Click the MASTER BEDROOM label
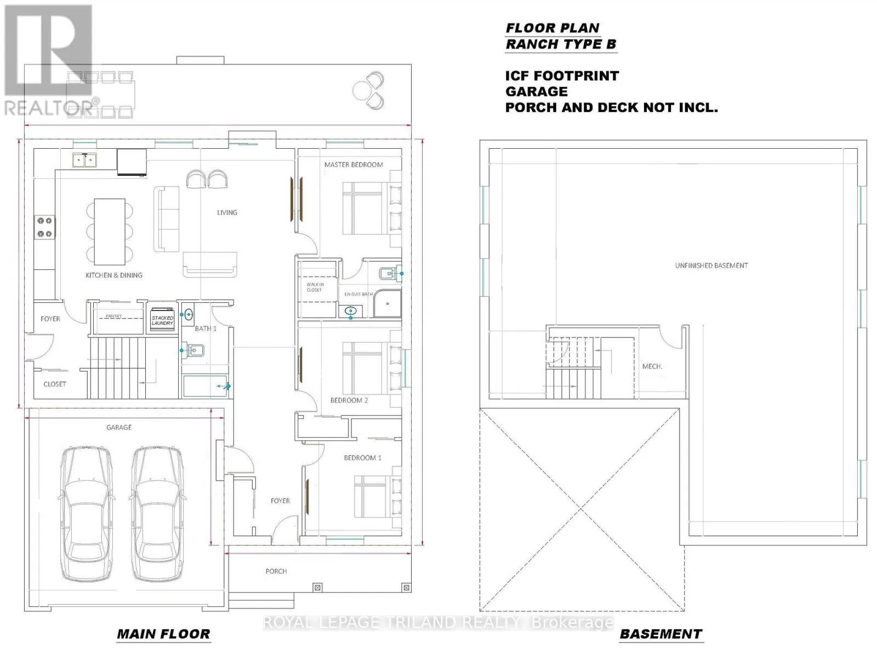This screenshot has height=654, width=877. point(354,165)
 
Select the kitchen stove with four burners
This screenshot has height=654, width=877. point(44,227)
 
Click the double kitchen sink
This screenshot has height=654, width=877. point(84,160)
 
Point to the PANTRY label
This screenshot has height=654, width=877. point(113,316)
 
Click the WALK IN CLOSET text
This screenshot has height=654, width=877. point(315,287)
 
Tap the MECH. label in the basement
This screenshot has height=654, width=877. point(652,367)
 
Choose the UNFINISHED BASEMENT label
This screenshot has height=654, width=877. point(711,266)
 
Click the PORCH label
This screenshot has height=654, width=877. point(276,571)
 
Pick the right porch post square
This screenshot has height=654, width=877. point(406,588)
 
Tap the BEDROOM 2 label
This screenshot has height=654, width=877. point(349,400)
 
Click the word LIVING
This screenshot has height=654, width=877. point(227,212)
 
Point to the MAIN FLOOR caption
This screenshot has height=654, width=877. point(164,634)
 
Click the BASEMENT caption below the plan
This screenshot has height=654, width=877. point(660,634)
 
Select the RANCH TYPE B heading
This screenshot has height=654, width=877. point(561,44)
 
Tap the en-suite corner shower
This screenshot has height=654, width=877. point(388,303)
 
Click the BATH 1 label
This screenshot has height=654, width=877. point(206,329)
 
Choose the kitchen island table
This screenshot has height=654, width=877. point(110,232)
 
